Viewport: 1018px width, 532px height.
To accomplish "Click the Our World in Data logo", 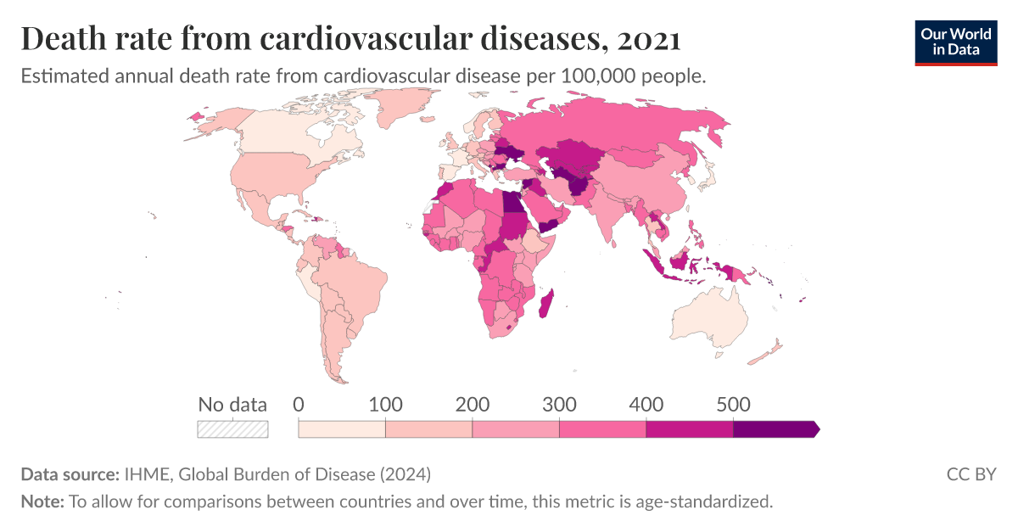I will (x=955, y=42).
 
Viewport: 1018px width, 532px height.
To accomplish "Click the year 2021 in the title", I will (x=649, y=40).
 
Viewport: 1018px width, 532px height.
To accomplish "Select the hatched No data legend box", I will (x=232, y=429).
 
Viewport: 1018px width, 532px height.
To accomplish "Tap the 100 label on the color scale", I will (x=386, y=405).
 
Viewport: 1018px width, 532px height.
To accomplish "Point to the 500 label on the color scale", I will (x=733, y=405).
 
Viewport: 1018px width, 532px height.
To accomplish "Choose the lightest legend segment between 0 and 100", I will (x=342, y=429).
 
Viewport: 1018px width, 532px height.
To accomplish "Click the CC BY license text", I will (x=970, y=473).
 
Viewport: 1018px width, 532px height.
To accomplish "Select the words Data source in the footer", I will (x=69, y=473).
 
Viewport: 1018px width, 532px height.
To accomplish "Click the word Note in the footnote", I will (x=42, y=501).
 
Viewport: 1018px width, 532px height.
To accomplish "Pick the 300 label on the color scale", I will (x=559, y=405).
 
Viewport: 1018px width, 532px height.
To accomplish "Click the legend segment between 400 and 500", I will (x=689, y=429).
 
